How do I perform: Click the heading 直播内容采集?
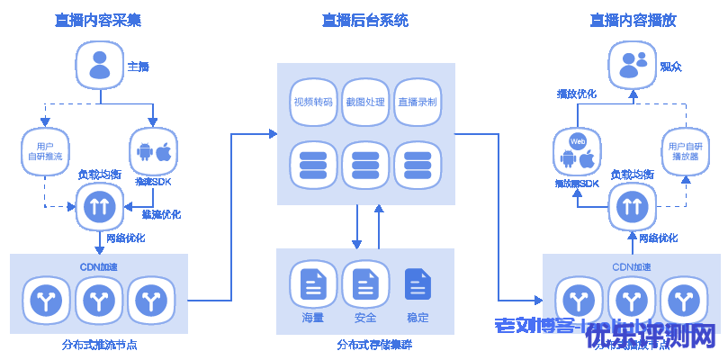point(98,20)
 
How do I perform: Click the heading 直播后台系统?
point(364,20)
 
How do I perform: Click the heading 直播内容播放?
point(634,20)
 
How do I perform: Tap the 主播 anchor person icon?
point(99,66)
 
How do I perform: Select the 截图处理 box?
point(364,103)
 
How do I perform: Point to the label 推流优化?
point(161,214)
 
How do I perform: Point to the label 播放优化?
point(577,94)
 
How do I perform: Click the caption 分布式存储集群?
point(364,344)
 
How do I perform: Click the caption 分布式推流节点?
point(98,344)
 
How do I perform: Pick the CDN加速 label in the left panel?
point(98,266)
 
